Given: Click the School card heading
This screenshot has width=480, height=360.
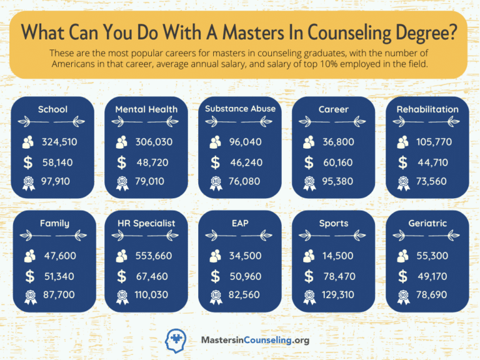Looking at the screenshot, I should (52, 109).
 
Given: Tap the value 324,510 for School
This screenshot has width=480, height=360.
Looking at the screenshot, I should (59, 142).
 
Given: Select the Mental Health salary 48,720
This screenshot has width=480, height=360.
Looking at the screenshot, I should (152, 162).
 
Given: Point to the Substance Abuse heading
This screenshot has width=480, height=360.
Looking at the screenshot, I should (240, 109).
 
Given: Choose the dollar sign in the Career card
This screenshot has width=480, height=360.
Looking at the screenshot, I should (309, 162).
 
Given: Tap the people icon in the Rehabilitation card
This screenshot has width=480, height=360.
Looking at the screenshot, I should (402, 142).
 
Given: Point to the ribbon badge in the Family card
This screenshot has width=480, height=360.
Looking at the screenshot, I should (29, 296).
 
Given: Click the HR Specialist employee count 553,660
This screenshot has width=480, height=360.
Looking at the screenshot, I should (153, 256).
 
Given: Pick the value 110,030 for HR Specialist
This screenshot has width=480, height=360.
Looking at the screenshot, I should (151, 294).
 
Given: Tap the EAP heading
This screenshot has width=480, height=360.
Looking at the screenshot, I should (240, 223).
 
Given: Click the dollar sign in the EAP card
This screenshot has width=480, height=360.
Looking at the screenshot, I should (216, 276).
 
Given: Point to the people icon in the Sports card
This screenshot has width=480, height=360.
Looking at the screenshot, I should (309, 256).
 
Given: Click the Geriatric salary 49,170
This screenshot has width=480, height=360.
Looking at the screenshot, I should (432, 276).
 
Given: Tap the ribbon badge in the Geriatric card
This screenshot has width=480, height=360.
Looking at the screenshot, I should (402, 296).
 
